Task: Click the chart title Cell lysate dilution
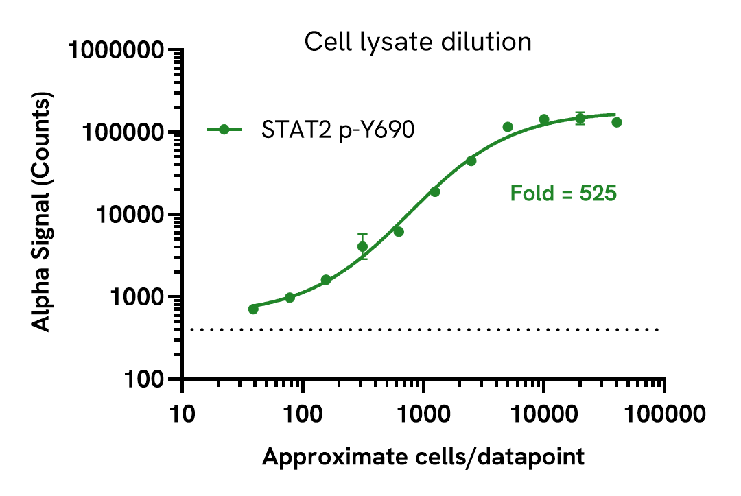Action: pos(418,43)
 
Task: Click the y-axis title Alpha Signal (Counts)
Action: pos(43,213)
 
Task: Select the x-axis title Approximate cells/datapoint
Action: pos(423,457)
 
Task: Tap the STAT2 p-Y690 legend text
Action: pos(338,130)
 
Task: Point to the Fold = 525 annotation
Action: pos(563,193)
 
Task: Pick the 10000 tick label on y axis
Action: pos(131,215)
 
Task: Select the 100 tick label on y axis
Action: pos(148,379)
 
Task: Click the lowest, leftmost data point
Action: pos(253,309)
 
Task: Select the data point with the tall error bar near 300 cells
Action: pos(362,246)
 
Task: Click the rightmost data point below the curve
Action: pos(617,122)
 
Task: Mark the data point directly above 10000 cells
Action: pos(544,119)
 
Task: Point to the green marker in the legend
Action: pos(224,130)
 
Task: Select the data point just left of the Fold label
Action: pos(471,161)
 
